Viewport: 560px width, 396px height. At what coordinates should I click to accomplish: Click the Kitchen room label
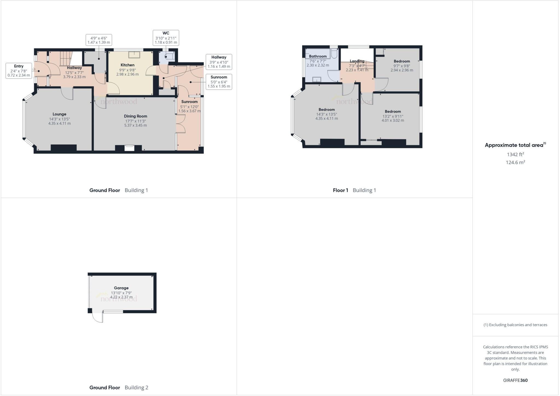(x=127, y=65)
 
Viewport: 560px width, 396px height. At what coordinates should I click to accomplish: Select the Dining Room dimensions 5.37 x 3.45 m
(x=135, y=125)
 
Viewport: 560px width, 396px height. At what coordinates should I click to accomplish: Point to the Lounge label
(x=59, y=114)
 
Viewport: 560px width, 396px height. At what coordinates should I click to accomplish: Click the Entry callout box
(x=19, y=71)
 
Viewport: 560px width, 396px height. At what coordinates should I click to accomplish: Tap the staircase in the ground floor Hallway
(x=66, y=58)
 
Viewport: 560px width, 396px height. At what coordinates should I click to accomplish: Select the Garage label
(x=121, y=288)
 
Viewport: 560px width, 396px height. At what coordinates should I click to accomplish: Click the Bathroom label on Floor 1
(x=318, y=56)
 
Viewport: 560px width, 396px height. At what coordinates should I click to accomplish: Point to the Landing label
(x=357, y=61)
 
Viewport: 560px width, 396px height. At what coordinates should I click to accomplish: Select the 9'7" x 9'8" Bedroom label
(x=402, y=61)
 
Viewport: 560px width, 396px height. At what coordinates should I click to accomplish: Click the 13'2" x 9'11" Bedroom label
(x=393, y=111)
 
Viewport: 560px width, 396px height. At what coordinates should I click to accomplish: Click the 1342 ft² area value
(x=515, y=154)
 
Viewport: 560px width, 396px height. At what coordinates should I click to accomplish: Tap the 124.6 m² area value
(x=515, y=162)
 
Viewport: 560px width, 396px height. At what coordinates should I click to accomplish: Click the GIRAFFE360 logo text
(x=515, y=380)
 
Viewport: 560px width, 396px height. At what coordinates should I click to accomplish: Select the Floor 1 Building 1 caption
(x=354, y=190)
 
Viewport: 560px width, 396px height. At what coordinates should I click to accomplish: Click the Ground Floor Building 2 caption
(x=119, y=388)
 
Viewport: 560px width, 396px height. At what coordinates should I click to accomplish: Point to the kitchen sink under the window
(x=134, y=55)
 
